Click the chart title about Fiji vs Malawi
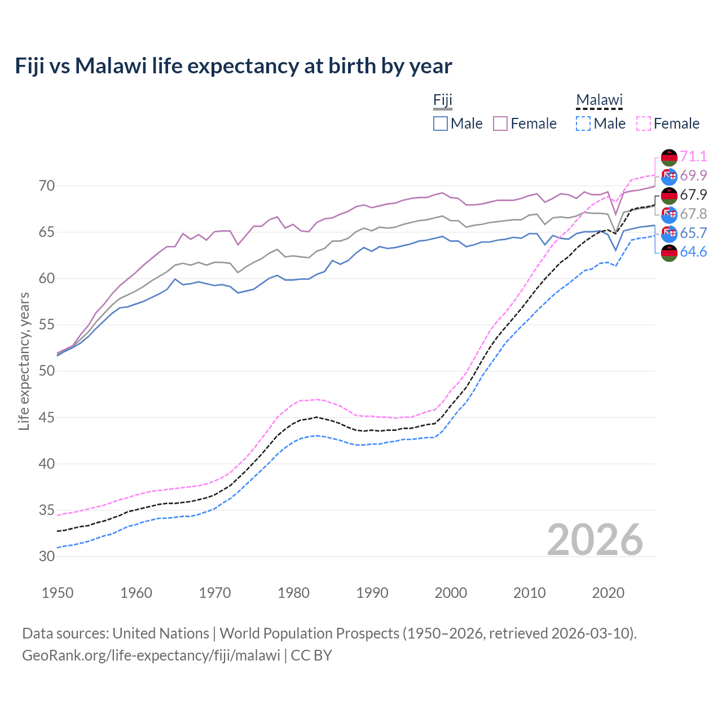pyautogui.click(x=233, y=66)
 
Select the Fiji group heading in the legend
pyautogui.click(x=443, y=100)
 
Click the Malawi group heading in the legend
pyautogui.click(x=598, y=100)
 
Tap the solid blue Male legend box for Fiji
pyautogui.click(x=441, y=124)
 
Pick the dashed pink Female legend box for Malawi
pyautogui.click(x=644, y=124)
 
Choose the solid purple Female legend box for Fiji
pyautogui.click(x=500, y=124)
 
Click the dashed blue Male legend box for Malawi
pyautogui.click(x=583, y=124)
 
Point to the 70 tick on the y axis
pyautogui.click(x=47, y=186)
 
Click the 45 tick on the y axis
pyautogui.click(x=47, y=418)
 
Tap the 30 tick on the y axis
pyautogui.click(x=47, y=556)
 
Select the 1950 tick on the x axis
pyautogui.click(x=58, y=593)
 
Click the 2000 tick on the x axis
pyautogui.click(x=451, y=593)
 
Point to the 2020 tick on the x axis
pyautogui.click(x=608, y=593)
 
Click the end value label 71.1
pyautogui.click(x=693, y=156)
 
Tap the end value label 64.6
pyautogui.click(x=693, y=252)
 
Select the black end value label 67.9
pyautogui.click(x=693, y=195)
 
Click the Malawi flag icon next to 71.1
pyautogui.click(x=669, y=157)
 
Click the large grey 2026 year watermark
pyautogui.click(x=595, y=540)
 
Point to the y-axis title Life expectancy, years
pyautogui.click(x=24, y=361)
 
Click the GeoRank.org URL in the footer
pyautogui.click(x=151, y=655)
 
